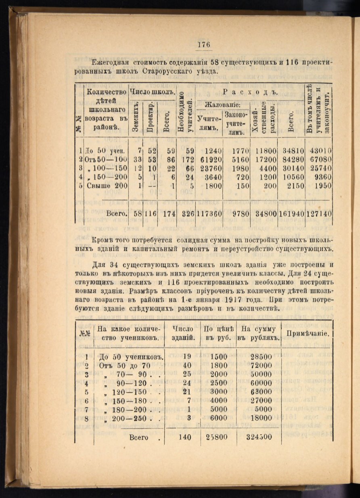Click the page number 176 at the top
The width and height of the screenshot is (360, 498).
(x=204, y=45)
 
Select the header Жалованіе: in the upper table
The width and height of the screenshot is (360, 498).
(x=222, y=105)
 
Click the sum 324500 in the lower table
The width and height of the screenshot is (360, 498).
(x=259, y=437)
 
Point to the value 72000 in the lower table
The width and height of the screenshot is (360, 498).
(x=259, y=366)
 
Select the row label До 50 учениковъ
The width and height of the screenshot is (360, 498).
(x=130, y=357)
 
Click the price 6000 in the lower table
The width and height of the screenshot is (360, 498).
(x=219, y=418)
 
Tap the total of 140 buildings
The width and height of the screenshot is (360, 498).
(x=184, y=437)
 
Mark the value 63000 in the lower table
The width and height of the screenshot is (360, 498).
(x=259, y=392)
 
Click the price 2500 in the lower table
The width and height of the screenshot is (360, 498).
(x=219, y=383)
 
